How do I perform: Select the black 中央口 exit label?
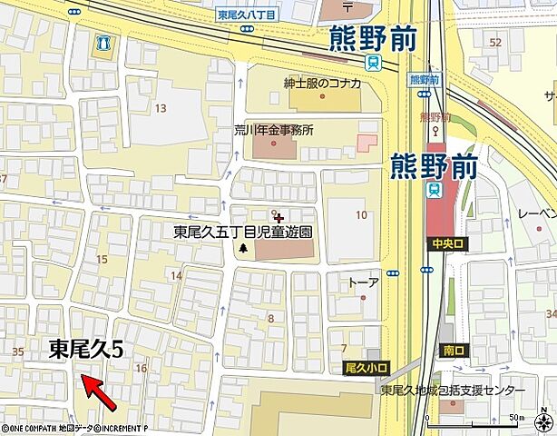[x=448, y=243]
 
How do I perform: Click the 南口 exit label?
[x=453, y=349]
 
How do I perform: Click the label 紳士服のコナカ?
[x=322, y=84]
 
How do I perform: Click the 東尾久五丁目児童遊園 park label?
[x=242, y=232]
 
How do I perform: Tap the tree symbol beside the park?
[x=243, y=249]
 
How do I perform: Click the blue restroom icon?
[x=105, y=42]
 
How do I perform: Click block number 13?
[x=161, y=109]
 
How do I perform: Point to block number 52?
[x=495, y=42]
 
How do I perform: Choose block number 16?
[x=140, y=368]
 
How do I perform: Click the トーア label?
[x=363, y=282]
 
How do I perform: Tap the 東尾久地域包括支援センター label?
[x=453, y=391]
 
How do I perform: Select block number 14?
[x=176, y=275]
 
